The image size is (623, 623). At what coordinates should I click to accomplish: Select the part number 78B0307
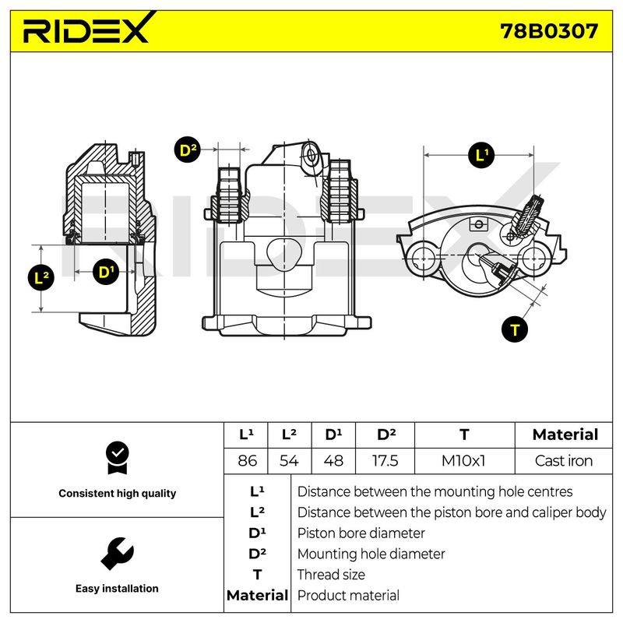(x=549, y=31)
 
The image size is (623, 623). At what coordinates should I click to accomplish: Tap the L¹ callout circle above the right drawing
(x=481, y=154)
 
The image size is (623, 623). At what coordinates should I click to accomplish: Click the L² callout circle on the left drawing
(x=41, y=277)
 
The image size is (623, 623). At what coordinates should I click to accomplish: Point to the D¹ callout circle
(x=106, y=272)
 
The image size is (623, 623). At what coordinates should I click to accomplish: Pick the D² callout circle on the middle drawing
(x=188, y=150)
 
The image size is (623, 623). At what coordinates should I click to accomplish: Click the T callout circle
(x=515, y=329)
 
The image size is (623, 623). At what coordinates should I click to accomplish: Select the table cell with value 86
(x=247, y=461)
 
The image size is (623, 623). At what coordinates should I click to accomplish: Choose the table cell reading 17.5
(x=385, y=461)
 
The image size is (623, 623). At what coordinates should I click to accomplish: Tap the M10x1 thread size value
(x=463, y=461)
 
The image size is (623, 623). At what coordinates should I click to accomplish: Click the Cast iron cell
(x=563, y=461)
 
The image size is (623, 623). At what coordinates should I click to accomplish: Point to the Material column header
(x=565, y=435)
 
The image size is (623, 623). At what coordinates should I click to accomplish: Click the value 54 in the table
(x=289, y=461)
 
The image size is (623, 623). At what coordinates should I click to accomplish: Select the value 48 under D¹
(x=333, y=461)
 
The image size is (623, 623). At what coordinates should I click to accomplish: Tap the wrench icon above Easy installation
(x=117, y=554)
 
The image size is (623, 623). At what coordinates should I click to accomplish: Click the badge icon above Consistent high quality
(x=118, y=458)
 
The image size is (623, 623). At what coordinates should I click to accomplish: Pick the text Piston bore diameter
(x=361, y=533)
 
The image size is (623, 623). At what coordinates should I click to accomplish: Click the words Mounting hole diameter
(x=371, y=554)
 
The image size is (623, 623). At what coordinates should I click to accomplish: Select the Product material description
(x=348, y=595)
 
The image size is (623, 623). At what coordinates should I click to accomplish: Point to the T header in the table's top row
(x=464, y=435)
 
